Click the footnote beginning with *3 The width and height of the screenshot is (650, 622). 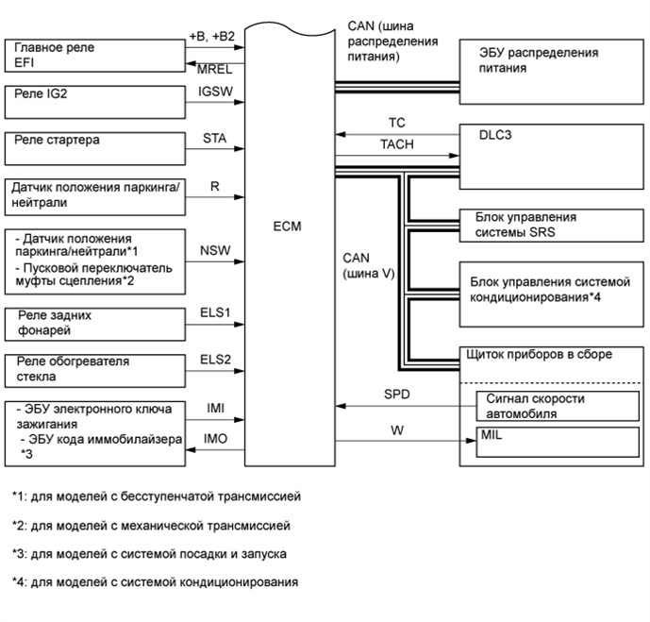click(151, 553)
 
